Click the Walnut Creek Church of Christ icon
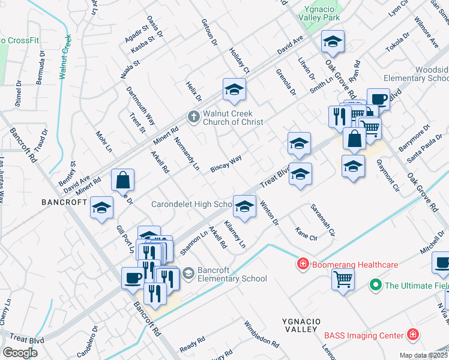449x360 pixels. click(193, 116)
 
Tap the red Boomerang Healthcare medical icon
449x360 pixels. click(303, 264)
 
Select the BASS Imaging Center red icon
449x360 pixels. click(412, 334)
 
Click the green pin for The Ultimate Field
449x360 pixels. click(376, 285)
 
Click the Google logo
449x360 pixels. click(20, 352)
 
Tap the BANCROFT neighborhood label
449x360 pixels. click(64, 202)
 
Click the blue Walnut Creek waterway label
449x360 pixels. click(66, 57)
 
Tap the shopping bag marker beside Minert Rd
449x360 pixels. click(122, 180)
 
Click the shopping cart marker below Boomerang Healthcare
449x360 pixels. click(343, 278)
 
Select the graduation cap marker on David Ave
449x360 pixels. click(333, 42)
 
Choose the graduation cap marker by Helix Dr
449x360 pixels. click(234, 90)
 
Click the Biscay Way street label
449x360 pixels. click(226, 164)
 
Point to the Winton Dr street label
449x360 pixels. click(268, 214)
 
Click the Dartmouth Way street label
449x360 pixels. click(141, 105)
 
